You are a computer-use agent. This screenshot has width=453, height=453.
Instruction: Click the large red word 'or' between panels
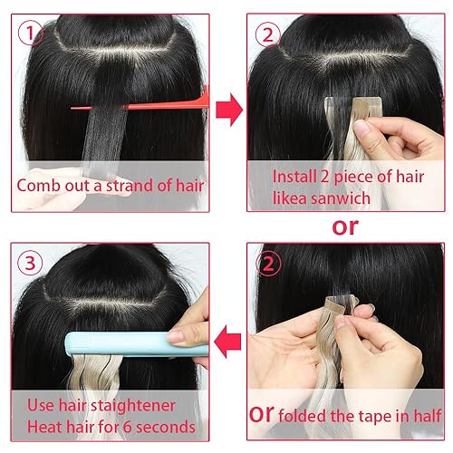pos(345,226)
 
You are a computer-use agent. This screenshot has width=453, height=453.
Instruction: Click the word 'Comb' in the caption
pos(41,186)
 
